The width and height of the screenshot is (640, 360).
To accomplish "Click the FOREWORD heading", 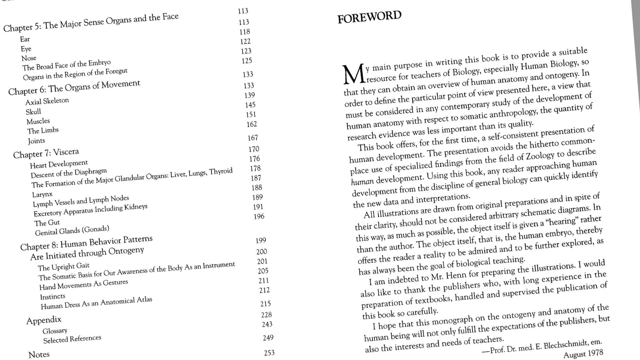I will click(369, 17).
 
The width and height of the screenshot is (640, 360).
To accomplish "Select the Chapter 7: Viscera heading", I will click(46, 153).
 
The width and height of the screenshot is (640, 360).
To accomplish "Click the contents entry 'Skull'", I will click(33, 112).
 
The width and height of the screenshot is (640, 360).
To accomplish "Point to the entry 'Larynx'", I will click(42, 194).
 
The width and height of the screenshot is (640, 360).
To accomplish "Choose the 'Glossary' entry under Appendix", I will click(55, 331).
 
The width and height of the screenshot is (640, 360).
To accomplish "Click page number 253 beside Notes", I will click(269, 353).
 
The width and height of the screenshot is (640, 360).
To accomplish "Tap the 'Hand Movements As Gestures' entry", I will click(84, 284).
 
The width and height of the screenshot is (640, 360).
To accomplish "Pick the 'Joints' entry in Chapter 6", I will click(36, 141).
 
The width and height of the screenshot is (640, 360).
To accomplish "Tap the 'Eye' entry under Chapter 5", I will click(26, 49).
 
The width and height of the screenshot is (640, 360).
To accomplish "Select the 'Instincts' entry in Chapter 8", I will click(52, 296).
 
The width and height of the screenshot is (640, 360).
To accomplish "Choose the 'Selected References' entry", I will click(72, 339).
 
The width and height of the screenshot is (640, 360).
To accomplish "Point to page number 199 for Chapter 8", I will click(261, 240).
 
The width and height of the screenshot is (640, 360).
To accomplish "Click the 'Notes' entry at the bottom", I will click(39, 354).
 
